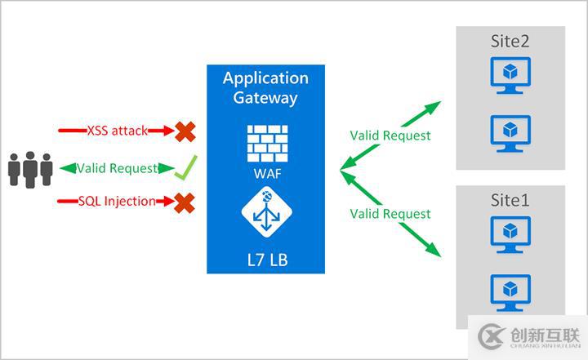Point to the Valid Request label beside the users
tap(117, 168)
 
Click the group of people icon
tap(30, 169)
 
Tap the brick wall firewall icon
tap(265, 142)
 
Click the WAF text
tap(265, 173)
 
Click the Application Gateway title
tap(265, 88)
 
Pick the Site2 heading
tap(510, 41)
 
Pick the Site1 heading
tap(510, 200)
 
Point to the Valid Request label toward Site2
tap(390, 136)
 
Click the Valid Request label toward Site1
tap(390, 213)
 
